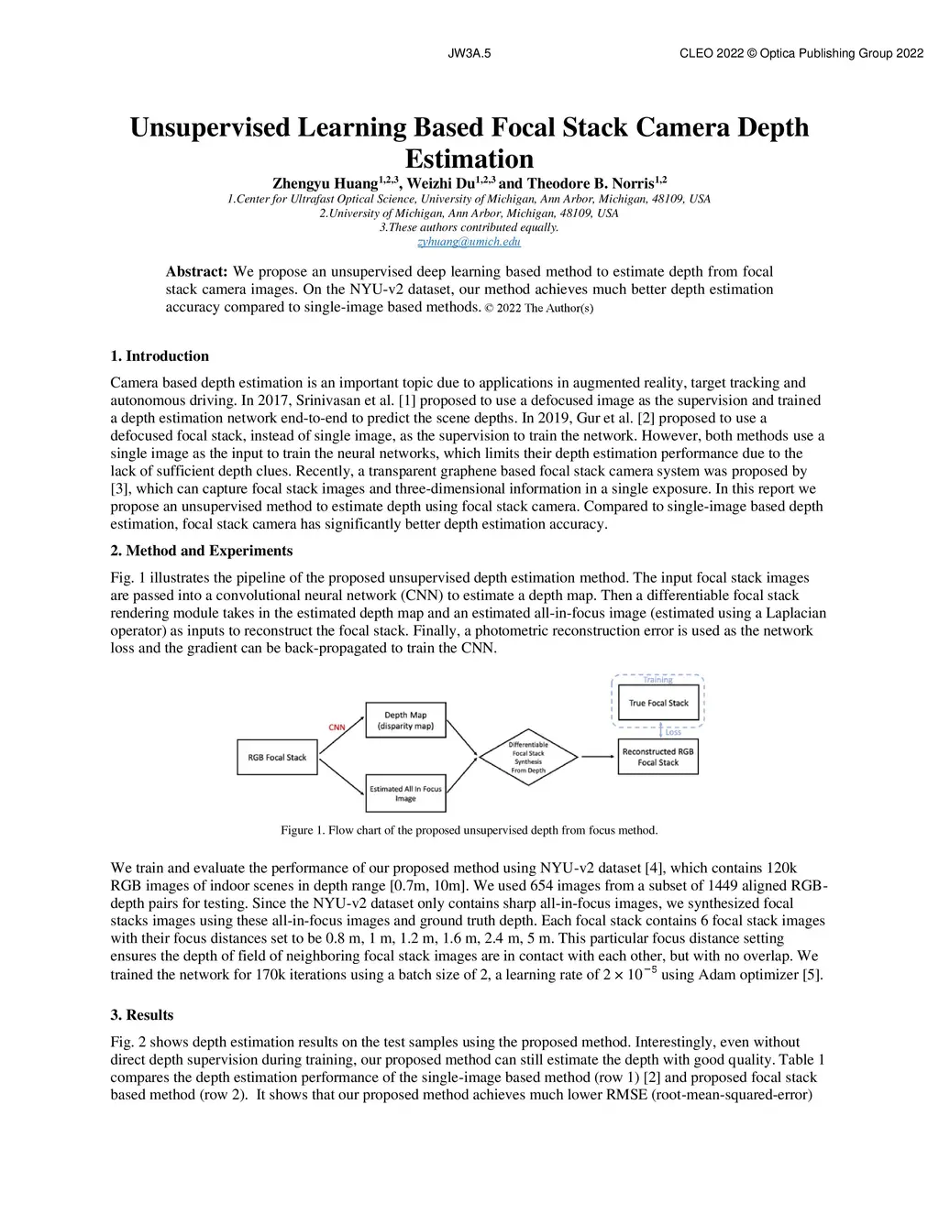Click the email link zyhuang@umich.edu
[x=469, y=242]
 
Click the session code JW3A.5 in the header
[x=469, y=53]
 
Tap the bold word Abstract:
[x=196, y=272]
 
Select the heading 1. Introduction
[x=160, y=356]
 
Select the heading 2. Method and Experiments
[x=202, y=551]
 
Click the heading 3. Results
[x=142, y=1015]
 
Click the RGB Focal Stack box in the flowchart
[x=277, y=758]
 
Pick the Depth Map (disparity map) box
[x=405, y=720]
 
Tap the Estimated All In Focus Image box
[x=405, y=793]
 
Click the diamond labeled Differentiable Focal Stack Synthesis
[x=528, y=758]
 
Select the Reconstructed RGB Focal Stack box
[x=658, y=757]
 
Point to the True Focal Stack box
[x=658, y=703]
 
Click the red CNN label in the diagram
[x=337, y=727]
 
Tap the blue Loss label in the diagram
[x=673, y=731]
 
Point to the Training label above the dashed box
[x=657, y=680]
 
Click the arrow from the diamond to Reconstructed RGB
[x=598, y=757]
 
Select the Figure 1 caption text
[x=469, y=830]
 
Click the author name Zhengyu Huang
[x=326, y=183]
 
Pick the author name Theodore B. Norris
[x=589, y=183]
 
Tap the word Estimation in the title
[x=469, y=159]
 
